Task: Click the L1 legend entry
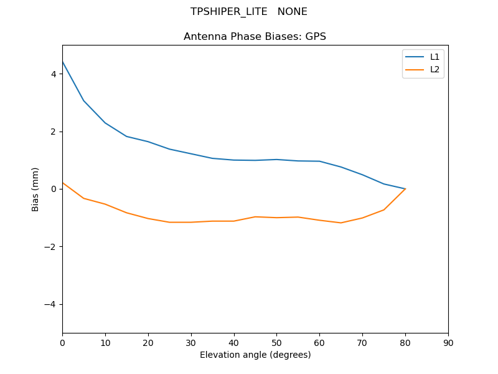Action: point(435,57)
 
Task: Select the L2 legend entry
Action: point(435,69)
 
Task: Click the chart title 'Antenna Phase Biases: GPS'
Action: point(255,37)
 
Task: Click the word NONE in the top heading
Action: point(293,12)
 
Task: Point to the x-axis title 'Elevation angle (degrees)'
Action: point(255,355)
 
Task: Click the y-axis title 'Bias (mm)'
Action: point(36,189)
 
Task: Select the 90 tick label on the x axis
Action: point(448,342)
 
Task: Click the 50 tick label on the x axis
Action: point(276,342)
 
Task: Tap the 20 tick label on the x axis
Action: point(148,342)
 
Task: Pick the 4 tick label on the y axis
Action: point(54,74)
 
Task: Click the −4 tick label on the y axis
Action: point(51,304)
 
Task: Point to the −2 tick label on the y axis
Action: point(51,247)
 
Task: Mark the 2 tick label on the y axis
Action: point(54,132)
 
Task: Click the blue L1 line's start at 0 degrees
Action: point(62,62)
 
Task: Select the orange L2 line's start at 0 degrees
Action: point(62,183)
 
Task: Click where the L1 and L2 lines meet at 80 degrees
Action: point(405,189)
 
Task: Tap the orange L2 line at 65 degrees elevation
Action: point(341,223)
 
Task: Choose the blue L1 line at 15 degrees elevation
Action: point(126,137)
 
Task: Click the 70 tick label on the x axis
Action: point(362,342)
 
